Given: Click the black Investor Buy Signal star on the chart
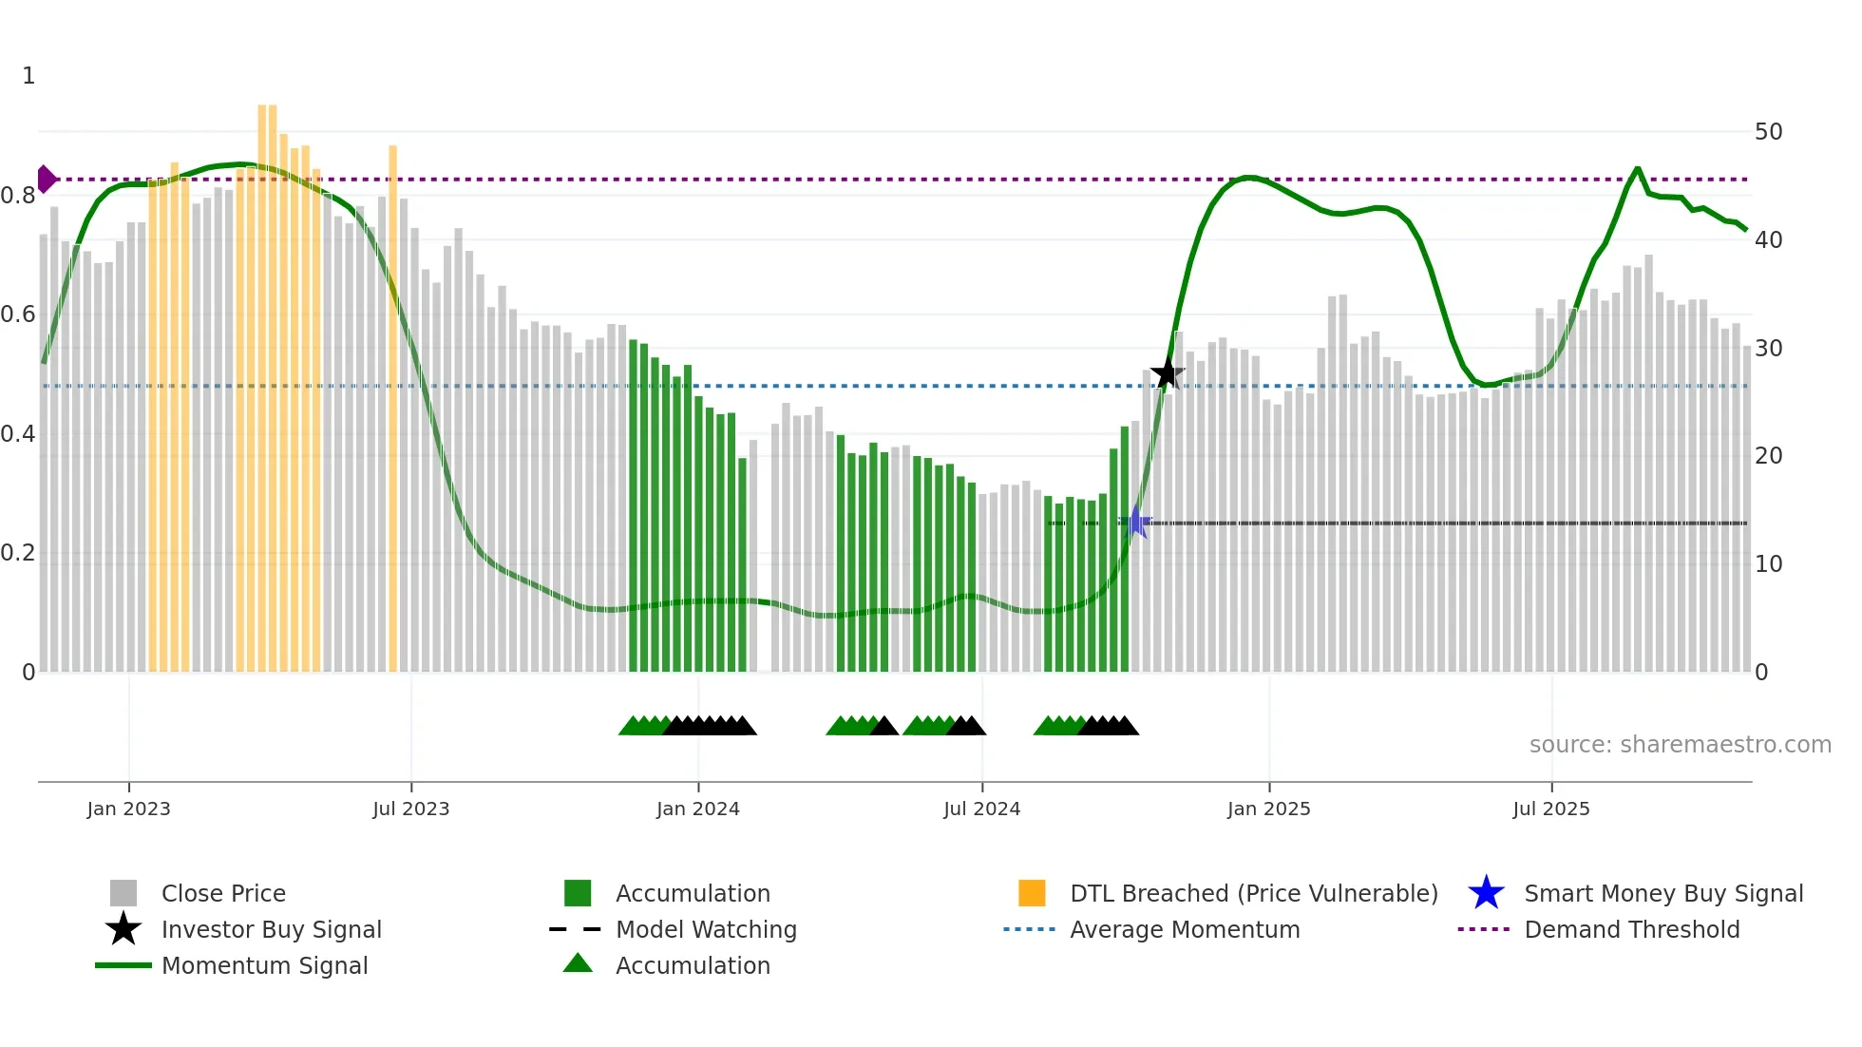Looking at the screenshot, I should tap(1167, 374).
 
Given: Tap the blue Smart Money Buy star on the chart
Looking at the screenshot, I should tap(1136, 522).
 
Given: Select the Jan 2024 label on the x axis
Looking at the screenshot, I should tap(697, 809).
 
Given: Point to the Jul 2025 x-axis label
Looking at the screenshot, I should tap(1550, 809).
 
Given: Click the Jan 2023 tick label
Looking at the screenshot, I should tap(128, 809).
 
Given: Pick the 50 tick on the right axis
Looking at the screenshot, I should tap(1768, 132).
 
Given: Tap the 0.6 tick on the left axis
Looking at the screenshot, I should tap(19, 314).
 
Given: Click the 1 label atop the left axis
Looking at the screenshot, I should tap(28, 76).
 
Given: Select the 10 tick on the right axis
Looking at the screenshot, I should tap(1768, 564).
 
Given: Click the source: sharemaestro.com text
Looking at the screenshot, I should tap(1680, 745).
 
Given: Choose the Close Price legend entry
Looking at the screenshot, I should tap(223, 893).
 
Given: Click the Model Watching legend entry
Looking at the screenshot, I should tap(706, 929).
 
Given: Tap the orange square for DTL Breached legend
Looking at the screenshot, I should tap(1032, 893).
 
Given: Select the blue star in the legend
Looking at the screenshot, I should tap(1486, 893).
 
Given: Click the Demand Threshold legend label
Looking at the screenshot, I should tap(1631, 929).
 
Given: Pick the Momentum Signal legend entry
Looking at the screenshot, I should tap(264, 965).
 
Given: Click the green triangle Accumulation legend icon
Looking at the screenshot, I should tap(578, 963).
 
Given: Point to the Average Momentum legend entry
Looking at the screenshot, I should tap(1184, 929).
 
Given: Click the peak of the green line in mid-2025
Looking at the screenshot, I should tap(1637, 169).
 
